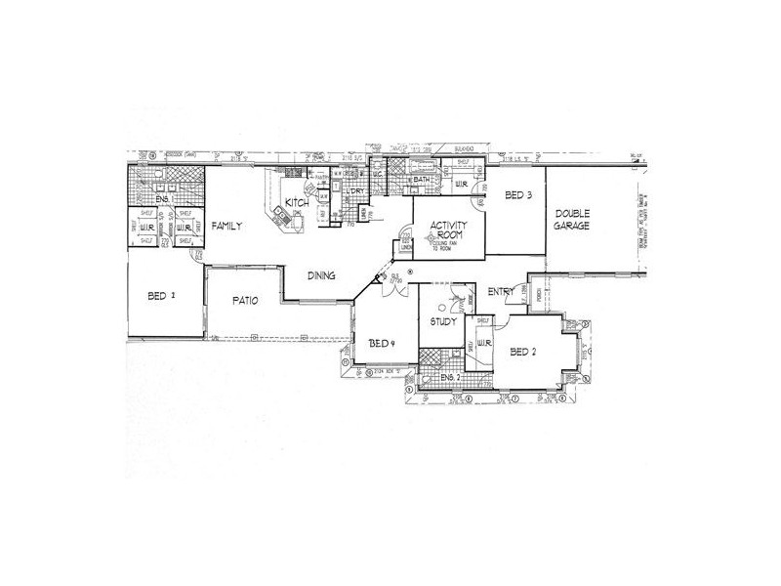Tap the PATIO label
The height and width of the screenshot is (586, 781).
[x=245, y=301]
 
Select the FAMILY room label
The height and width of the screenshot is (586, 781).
[x=226, y=225]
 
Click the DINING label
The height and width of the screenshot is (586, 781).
[x=322, y=276]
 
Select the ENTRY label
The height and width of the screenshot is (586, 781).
[x=502, y=290]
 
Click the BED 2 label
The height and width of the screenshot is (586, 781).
[x=524, y=353]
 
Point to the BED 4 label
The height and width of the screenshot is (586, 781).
[x=381, y=343]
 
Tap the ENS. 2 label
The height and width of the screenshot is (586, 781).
[x=450, y=377]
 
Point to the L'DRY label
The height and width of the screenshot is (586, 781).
[x=356, y=191]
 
